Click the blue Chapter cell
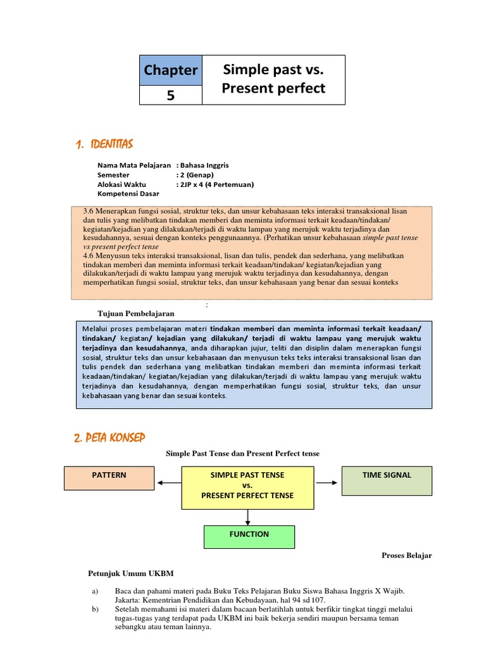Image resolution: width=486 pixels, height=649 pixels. click(171, 70)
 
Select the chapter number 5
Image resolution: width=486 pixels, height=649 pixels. click(171, 95)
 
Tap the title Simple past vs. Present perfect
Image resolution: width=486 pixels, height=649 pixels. click(273, 79)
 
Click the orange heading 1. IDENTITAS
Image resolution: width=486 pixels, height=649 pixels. click(104, 145)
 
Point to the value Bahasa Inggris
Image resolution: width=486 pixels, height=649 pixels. click(205, 165)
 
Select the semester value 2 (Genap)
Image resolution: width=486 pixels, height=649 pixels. click(197, 175)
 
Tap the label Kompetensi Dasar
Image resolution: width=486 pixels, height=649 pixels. click(127, 194)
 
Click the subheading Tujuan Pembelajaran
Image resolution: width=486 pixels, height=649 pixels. click(135, 313)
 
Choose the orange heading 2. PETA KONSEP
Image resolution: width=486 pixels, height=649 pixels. click(109, 437)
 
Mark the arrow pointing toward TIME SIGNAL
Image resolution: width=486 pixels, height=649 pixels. click(327, 483)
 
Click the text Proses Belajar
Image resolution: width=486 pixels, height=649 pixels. click(406, 555)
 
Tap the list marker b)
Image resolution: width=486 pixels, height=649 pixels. click(95, 610)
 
